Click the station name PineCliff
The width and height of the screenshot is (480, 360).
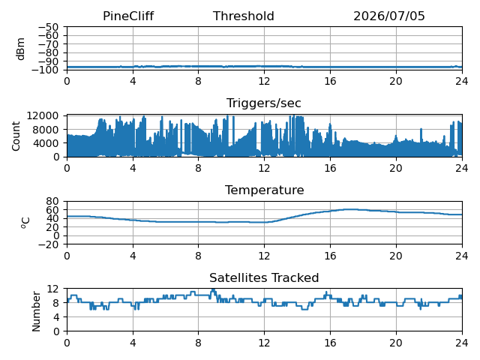[128, 16]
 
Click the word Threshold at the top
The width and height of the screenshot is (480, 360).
[243, 16]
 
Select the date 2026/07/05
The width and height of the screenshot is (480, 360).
[389, 16]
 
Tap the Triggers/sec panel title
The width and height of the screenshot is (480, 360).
[263, 103]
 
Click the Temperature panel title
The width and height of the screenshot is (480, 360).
[265, 190]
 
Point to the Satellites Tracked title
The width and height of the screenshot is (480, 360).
[264, 277]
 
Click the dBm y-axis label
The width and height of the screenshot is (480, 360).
[21, 49]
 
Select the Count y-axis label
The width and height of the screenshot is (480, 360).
[16, 136]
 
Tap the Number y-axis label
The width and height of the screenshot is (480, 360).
[36, 311]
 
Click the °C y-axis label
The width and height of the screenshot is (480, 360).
[25, 223]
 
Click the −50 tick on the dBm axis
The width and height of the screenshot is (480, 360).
[48, 27]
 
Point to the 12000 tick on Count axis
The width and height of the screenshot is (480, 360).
[43, 115]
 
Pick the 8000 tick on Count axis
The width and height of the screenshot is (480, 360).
[46, 130]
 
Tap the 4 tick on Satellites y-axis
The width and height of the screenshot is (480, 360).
[55, 316]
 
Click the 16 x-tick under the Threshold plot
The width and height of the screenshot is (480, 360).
[330, 82]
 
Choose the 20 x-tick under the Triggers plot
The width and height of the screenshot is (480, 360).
[396, 168]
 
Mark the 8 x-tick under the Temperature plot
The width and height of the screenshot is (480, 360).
[198, 256]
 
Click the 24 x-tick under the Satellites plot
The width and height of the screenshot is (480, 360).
[462, 343]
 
